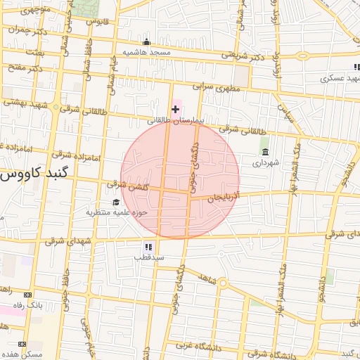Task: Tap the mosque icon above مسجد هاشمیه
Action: tap(146, 42)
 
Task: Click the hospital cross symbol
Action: tap(175, 109)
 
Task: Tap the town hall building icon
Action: tap(265, 152)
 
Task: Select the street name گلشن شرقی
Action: tap(126, 184)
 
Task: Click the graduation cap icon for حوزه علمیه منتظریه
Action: tap(115, 202)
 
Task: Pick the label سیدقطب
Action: tap(149, 257)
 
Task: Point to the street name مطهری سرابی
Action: tap(217, 89)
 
